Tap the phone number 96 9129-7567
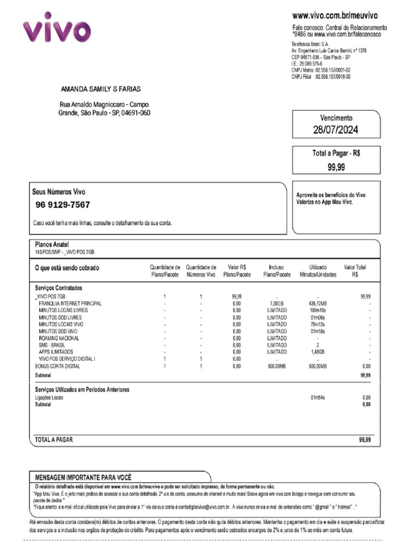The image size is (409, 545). (63, 205)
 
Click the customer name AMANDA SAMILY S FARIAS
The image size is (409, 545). (101, 89)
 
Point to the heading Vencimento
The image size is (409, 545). (336, 118)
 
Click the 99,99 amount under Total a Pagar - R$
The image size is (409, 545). (336, 167)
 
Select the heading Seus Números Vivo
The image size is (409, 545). (59, 192)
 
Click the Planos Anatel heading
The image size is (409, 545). (52, 244)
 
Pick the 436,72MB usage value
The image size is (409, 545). (317, 303)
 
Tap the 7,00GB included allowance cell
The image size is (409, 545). (276, 303)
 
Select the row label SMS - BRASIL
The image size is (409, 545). (52, 345)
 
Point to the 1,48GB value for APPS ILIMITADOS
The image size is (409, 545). (317, 352)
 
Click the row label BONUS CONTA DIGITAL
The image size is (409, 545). (58, 366)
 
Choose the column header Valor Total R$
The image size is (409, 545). (355, 271)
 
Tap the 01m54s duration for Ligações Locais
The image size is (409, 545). (317, 397)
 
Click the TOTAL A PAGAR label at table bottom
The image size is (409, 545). (54, 440)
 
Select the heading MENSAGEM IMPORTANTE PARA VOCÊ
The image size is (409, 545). (84, 477)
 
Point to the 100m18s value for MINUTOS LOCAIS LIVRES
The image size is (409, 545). (317, 310)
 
